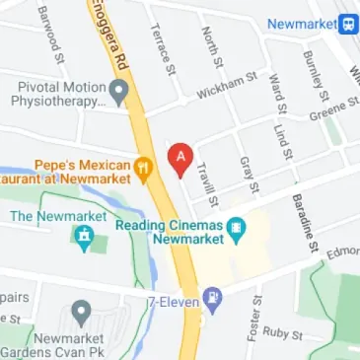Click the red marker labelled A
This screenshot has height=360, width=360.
180,159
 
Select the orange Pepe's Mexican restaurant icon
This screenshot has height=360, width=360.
144,168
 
